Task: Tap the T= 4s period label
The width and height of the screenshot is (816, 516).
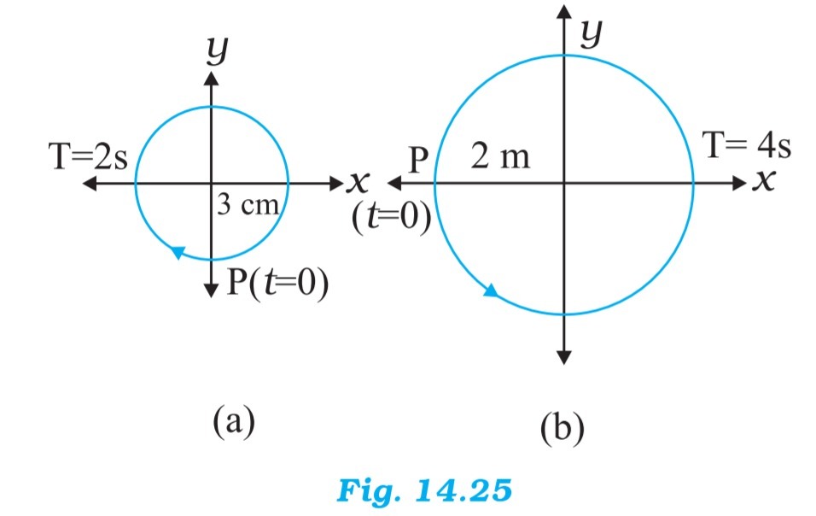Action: [746, 145]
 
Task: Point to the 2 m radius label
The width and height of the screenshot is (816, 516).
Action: [499, 157]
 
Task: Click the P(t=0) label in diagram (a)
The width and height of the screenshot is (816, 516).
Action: [278, 282]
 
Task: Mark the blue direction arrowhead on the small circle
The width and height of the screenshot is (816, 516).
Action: [178, 252]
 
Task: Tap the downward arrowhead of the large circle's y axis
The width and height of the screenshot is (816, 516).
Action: [563, 356]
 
